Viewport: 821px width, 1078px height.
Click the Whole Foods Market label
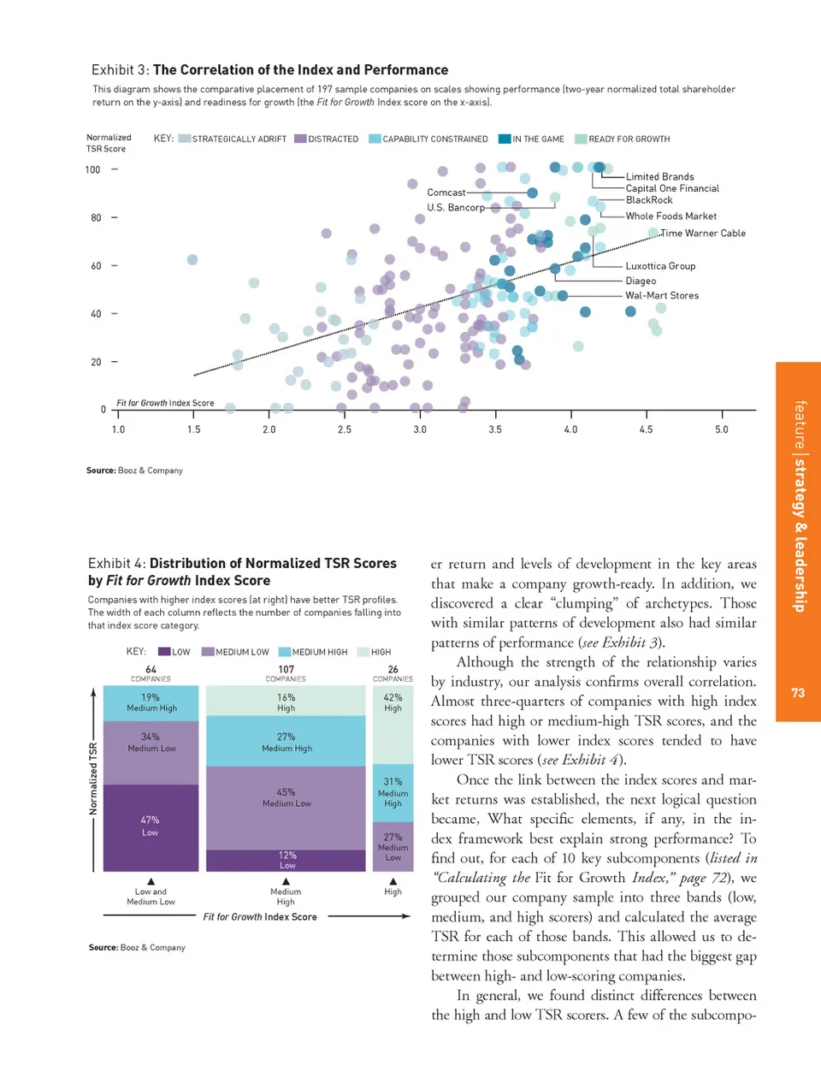(670, 216)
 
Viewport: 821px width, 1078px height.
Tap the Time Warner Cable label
(703, 233)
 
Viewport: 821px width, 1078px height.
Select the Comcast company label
(446, 192)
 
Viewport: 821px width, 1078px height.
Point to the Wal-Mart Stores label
(662, 295)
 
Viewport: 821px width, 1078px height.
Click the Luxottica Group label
(660, 266)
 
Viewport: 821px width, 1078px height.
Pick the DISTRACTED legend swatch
(300, 139)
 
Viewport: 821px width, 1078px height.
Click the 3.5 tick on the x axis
(495, 429)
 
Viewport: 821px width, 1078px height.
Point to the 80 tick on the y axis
(97, 218)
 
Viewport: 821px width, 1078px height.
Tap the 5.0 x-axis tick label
(722, 429)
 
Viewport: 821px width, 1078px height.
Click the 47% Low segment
(151, 826)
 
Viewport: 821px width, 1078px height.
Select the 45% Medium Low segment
(286, 798)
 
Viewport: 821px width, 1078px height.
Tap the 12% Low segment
(286, 860)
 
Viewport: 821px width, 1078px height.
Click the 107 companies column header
(286, 673)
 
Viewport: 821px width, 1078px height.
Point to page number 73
(798, 693)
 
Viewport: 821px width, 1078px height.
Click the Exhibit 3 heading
(269, 70)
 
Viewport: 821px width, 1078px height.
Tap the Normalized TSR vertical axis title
(93, 778)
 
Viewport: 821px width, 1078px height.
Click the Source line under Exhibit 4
(137, 947)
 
